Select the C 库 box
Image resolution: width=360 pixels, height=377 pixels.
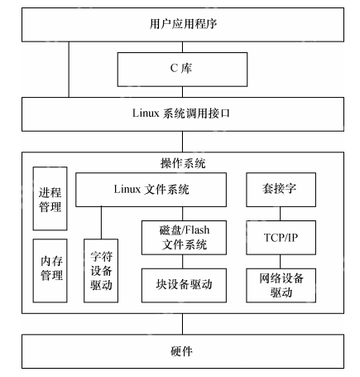(180, 66)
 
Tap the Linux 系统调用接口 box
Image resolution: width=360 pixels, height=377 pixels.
(180, 111)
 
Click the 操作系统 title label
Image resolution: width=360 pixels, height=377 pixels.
(180, 163)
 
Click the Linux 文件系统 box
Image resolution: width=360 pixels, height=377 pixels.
(151, 190)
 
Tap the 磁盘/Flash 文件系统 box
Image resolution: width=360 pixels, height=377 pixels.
(183, 237)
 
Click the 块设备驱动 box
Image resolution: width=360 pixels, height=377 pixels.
(183, 284)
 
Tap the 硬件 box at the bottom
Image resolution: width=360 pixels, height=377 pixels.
(180, 351)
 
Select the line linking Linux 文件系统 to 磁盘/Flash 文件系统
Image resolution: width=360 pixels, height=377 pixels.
(183, 214)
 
